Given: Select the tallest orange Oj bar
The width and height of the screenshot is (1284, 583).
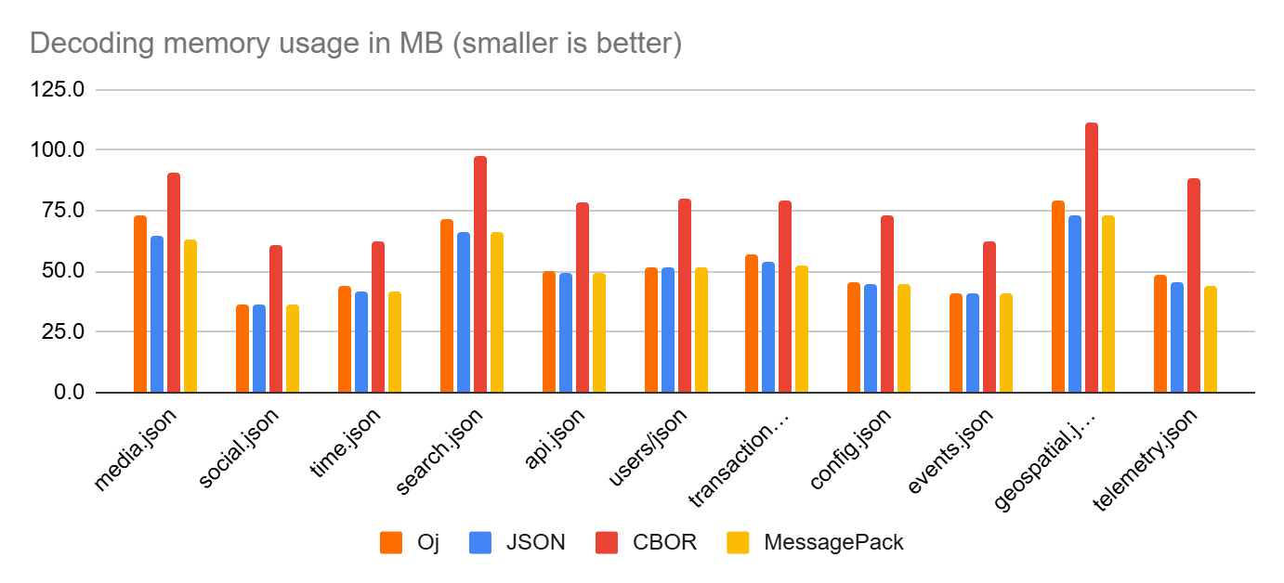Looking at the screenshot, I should [x=1058, y=296].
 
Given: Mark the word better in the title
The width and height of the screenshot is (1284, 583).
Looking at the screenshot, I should [x=636, y=44].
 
